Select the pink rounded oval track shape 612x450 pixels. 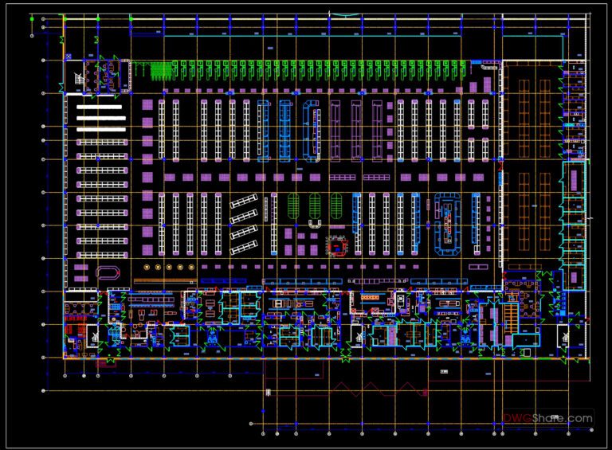(105, 272)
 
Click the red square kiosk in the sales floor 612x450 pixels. (339, 245)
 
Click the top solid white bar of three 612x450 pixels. (100, 107)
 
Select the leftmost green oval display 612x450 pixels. (292, 205)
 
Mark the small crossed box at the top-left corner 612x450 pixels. (69, 57)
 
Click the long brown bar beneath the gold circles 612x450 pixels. (163, 280)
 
